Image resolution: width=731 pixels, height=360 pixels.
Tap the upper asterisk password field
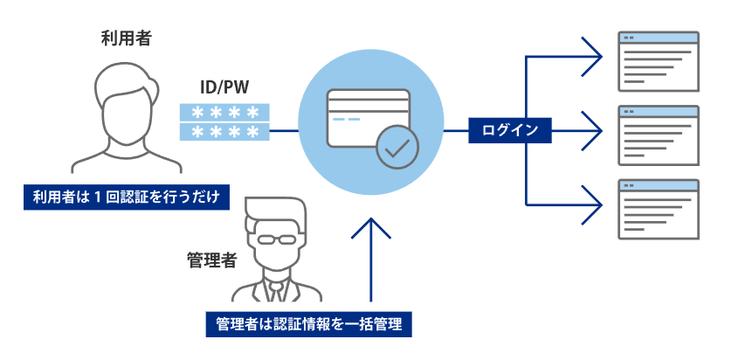tap(224, 112)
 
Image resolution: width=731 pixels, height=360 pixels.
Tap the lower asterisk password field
tap(224, 132)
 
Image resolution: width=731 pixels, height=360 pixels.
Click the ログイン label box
tap(510, 131)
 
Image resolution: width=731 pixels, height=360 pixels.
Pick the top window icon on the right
tap(659, 60)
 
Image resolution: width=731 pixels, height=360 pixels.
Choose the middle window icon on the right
tap(659, 135)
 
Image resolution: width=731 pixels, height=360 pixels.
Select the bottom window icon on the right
tap(659, 209)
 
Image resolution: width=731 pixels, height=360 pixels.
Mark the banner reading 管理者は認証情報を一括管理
tap(308, 324)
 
